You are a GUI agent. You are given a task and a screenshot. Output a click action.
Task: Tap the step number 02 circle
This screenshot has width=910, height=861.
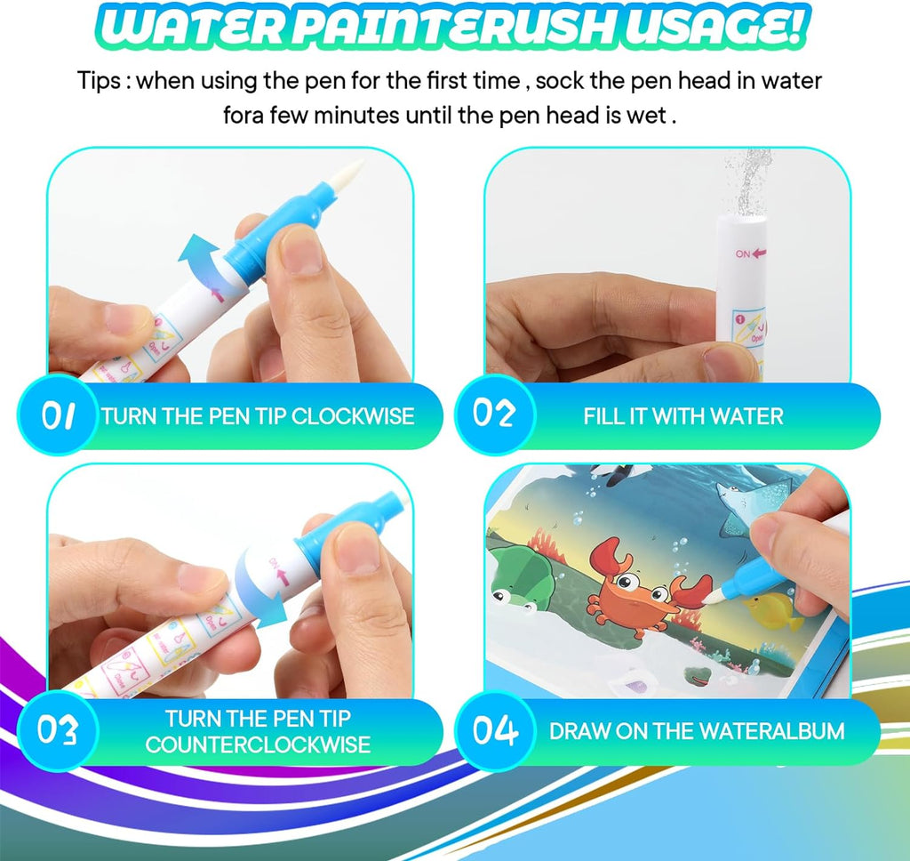494,415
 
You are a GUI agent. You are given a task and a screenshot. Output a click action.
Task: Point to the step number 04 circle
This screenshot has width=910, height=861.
495,731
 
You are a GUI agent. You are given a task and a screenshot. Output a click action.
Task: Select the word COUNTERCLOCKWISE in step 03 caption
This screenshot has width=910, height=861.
258,744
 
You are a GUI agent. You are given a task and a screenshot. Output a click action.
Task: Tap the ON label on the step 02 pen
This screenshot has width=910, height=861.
744,253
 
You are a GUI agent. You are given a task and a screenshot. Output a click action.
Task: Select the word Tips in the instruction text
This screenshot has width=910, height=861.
99,81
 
